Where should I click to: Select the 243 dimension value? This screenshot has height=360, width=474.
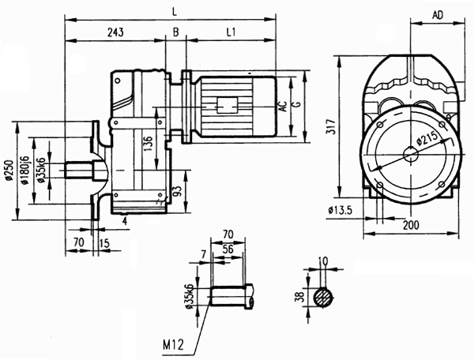116,32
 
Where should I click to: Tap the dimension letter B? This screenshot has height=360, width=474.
175,32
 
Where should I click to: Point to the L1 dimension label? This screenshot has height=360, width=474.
230,32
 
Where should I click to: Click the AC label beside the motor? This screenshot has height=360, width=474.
283,105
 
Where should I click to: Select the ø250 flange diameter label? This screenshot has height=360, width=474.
7,171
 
